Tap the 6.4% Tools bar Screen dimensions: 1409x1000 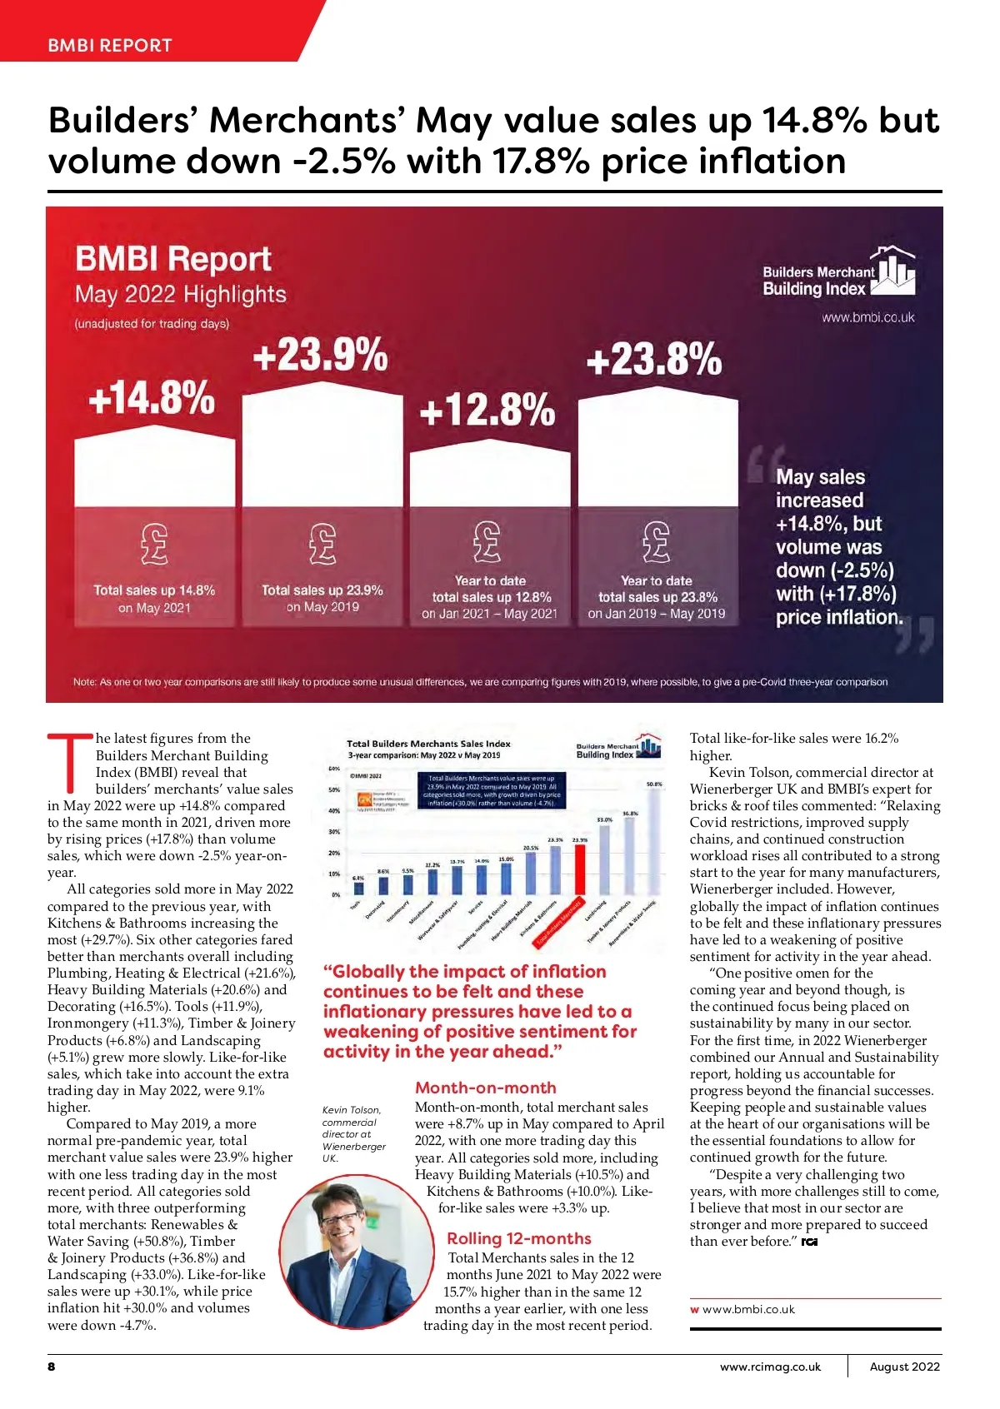tap(358, 889)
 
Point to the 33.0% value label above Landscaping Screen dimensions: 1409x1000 tap(604, 819)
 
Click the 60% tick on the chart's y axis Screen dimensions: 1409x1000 tap(334, 768)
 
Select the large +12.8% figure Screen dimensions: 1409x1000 tap(487, 411)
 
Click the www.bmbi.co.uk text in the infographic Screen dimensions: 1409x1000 tap(867, 317)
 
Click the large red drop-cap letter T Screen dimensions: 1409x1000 tap(70, 762)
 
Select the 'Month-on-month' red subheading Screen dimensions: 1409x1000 tap(485, 1088)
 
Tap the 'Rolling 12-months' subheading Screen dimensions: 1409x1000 tap(518, 1238)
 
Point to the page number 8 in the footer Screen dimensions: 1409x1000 tap(52, 1367)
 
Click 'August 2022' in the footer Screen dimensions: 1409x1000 tap(904, 1367)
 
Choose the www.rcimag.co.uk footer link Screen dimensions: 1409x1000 tap(770, 1367)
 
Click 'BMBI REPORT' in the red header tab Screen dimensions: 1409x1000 tap(110, 46)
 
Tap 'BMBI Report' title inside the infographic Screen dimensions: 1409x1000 tap(173, 259)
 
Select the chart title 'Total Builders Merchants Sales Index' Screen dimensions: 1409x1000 tap(428, 744)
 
